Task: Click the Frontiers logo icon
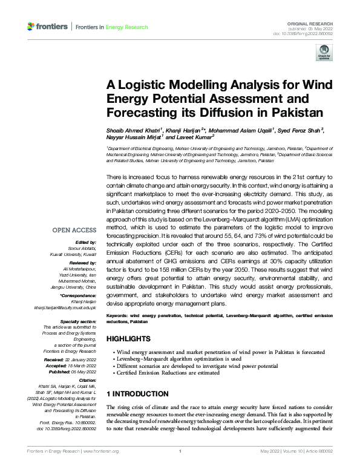31,27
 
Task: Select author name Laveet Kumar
197,137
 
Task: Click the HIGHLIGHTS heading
129,339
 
